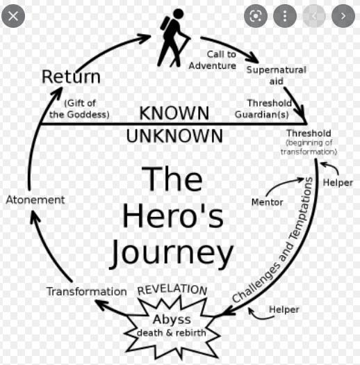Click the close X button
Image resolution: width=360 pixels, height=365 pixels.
[x=13, y=16]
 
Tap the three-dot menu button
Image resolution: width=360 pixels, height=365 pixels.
[x=285, y=16]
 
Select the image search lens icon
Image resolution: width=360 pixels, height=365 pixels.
[x=256, y=16]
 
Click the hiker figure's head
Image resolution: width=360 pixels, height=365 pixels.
[x=178, y=13]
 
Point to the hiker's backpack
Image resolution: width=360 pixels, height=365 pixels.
[x=165, y=23]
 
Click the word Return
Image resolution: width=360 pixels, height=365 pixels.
[x=71, y=76]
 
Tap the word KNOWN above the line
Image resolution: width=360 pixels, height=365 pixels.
[x=174, y=113]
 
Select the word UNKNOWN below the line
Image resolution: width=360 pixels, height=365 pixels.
[x=174, y=136]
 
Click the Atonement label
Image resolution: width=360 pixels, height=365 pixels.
[x=35, y=200]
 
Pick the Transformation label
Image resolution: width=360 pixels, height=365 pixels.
[x=87, y=291]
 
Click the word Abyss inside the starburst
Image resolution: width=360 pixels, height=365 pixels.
[x=172, y=320]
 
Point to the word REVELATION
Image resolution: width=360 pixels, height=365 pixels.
[x=172, y=290]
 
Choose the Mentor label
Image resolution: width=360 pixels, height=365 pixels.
[x=268, y=202]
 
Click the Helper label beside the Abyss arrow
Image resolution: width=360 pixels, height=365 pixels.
[x=284, y=309]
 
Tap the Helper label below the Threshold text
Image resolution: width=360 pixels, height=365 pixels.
[x=338, y=183]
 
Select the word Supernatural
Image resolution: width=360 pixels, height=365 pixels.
[x=276, y=70]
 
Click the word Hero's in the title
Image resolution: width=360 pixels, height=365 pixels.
[x=172, y=216]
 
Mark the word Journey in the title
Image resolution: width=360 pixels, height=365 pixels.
[x=171, y=254]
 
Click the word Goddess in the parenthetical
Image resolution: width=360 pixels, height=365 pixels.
[x=88, y=115]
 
